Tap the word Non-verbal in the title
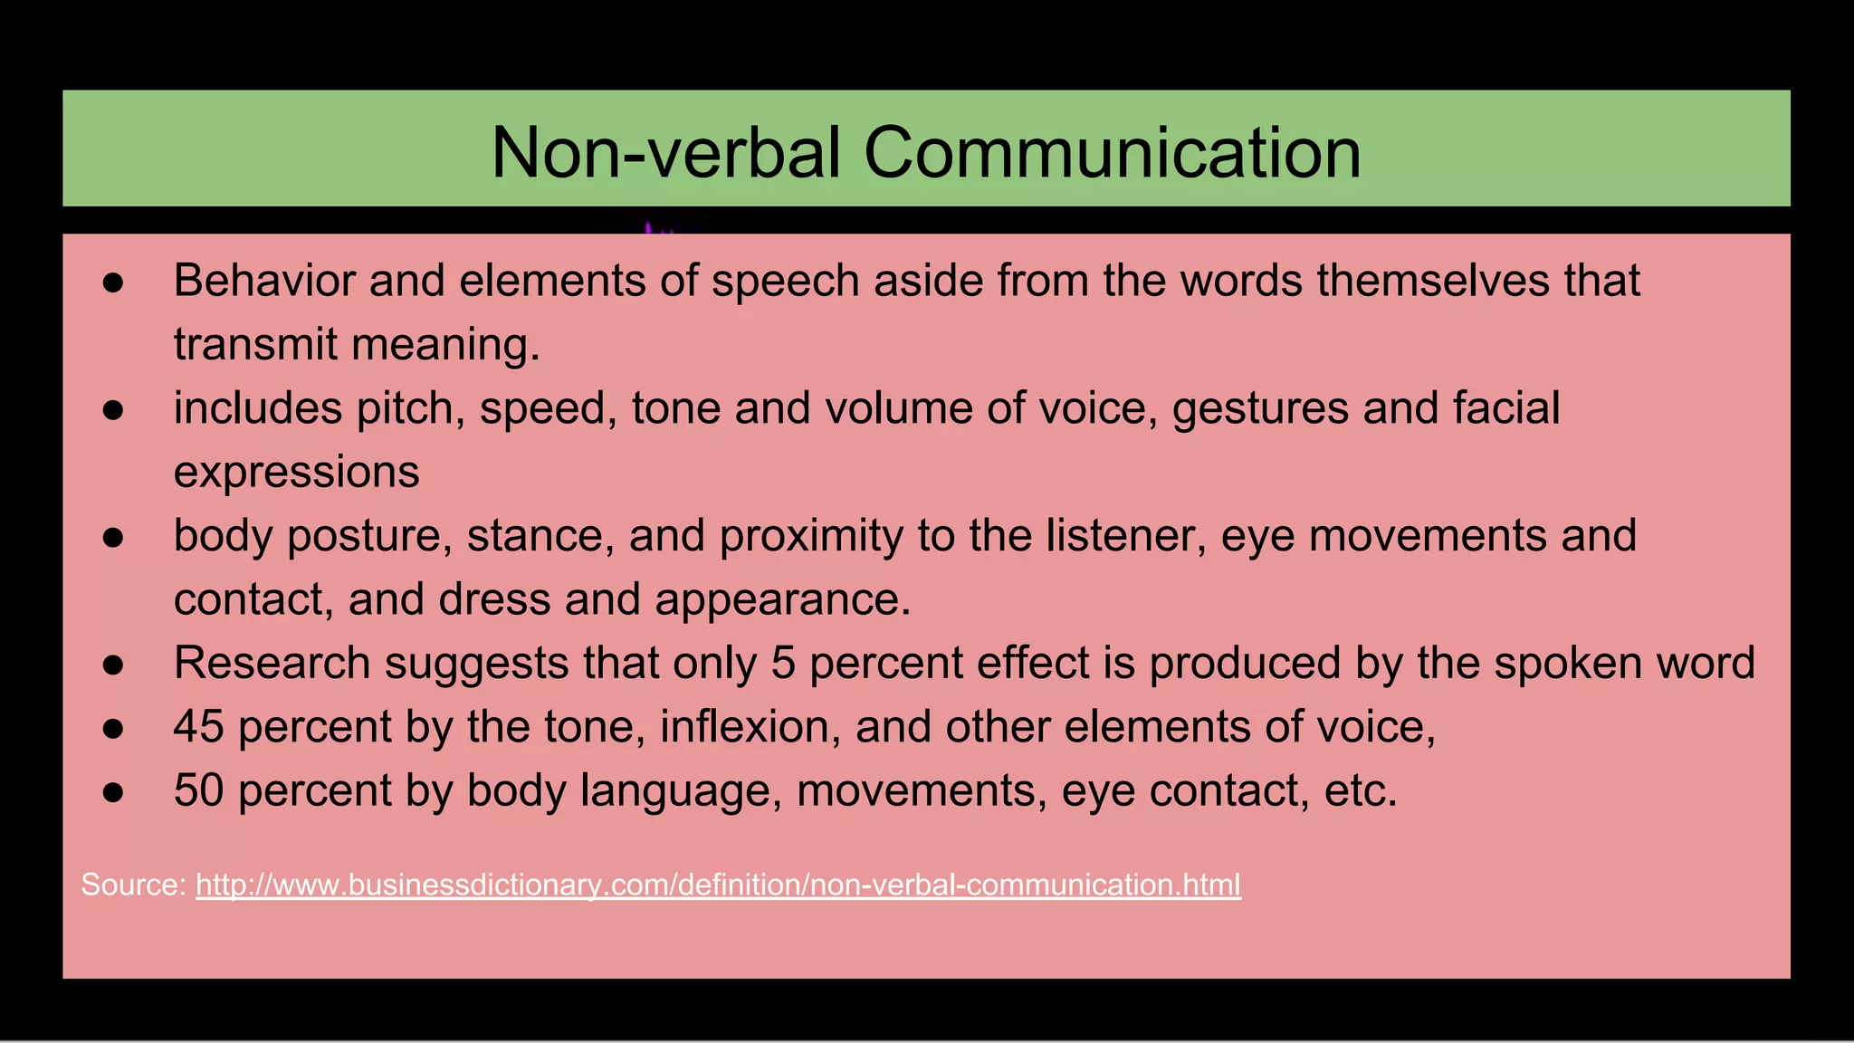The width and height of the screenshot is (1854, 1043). (666, 152)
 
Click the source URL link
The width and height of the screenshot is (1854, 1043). (718, 885)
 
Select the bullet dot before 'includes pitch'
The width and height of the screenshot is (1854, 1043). (113, 410)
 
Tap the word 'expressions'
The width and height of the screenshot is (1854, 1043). (297, 473)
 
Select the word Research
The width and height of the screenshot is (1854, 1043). (272, 663)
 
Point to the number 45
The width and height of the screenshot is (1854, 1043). (199, 727)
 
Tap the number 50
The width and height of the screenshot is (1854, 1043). (199, 790)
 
